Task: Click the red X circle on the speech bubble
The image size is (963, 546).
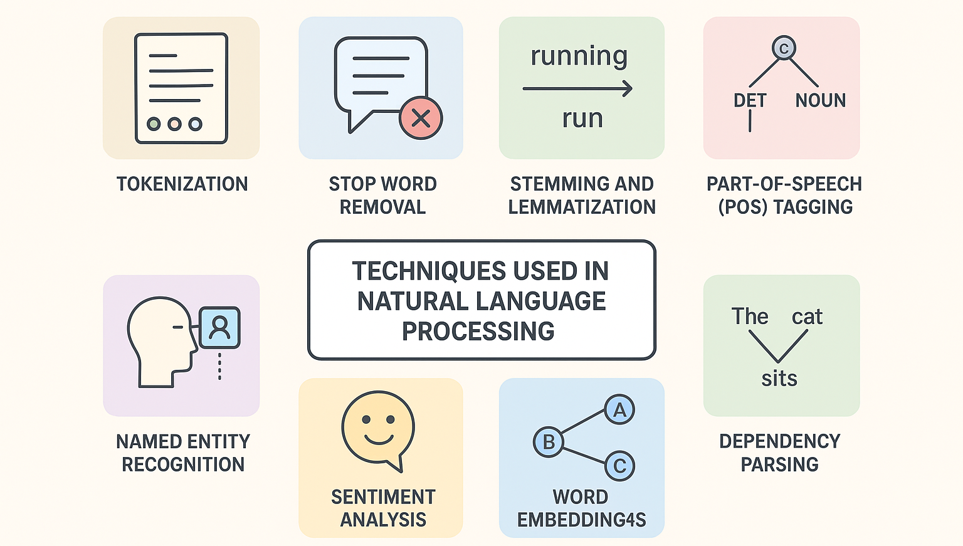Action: [421, 118]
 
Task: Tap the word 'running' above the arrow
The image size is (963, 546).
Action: [579, 56]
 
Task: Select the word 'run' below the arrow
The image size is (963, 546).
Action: [582, 118]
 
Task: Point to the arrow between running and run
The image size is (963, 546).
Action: [577, 89]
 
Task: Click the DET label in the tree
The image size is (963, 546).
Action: [750, 100]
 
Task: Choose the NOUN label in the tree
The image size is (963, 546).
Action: [820, 100]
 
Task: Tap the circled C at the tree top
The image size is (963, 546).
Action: [784, 48]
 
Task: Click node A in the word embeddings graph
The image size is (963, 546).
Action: [619, 410]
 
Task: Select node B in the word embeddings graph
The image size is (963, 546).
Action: [549, 442]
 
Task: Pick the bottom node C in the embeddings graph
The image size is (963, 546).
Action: [619, 466]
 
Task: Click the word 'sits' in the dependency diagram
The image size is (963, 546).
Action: [779, 379]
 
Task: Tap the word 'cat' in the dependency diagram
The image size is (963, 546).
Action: [807, 317]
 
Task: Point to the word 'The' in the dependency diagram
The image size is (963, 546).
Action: [750, 317]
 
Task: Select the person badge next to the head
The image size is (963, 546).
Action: [219, 327]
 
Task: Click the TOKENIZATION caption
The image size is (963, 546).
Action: [182, 184]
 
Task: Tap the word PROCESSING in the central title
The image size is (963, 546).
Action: [478, 331]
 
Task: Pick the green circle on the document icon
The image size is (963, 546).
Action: [154, 123]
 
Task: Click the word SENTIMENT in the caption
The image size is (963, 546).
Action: [383, 497]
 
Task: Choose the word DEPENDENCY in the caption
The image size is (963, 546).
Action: [779, 441]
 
